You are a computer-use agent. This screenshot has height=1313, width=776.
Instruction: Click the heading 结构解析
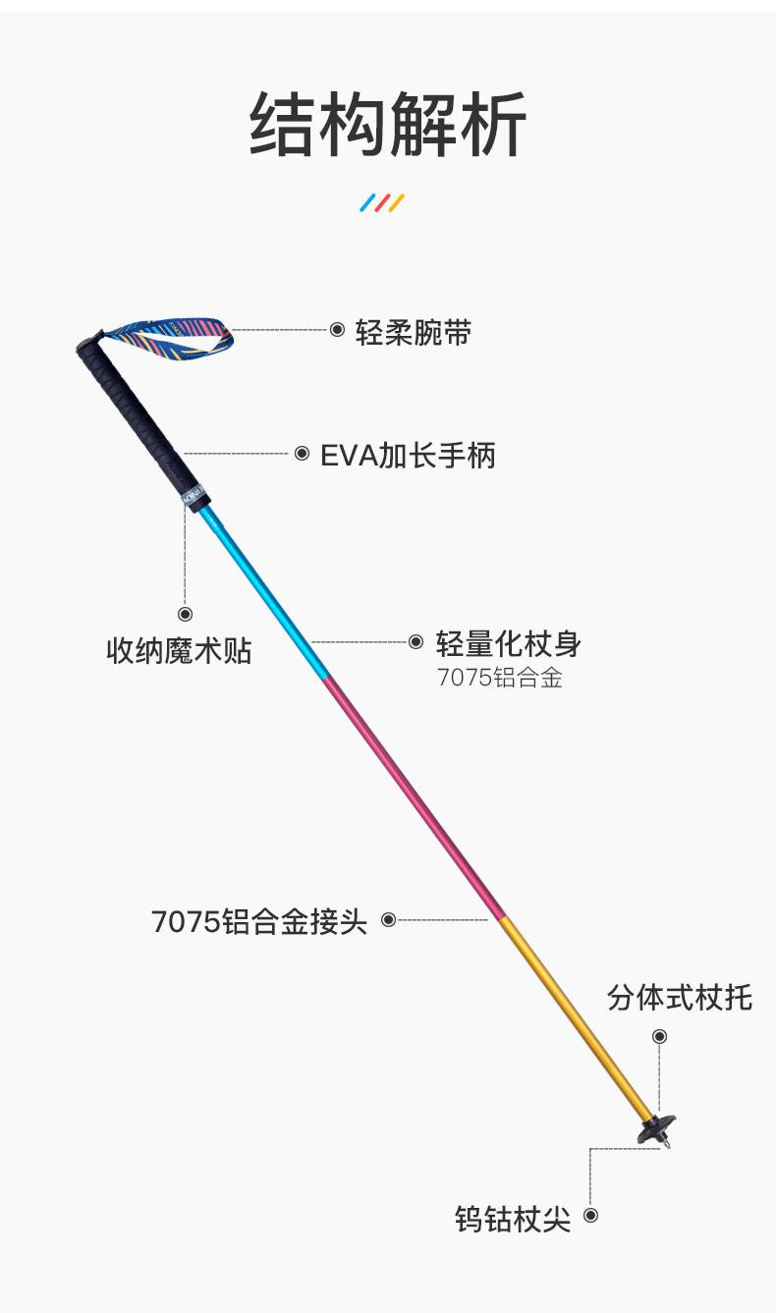(388, 125)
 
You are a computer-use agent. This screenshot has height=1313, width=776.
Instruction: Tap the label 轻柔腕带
(414, 332)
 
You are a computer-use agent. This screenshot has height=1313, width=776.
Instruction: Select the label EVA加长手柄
(408, 455)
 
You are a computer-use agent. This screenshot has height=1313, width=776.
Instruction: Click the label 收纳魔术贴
(179, 650)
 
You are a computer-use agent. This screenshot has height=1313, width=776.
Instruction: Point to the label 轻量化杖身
(509, 644)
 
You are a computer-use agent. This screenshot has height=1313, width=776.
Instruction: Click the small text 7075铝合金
(500, 679)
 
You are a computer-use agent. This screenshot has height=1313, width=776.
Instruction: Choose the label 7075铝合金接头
(259, 922)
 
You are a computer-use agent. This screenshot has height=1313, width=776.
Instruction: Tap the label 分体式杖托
(680, 998)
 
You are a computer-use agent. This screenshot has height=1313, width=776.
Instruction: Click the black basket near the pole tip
(655, 1130)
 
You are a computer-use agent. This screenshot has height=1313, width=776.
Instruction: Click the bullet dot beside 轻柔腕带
(337, 330)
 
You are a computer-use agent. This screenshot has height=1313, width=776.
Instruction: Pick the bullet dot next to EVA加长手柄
(302, 454)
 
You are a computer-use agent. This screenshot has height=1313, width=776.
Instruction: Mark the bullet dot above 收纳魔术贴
(185, 614)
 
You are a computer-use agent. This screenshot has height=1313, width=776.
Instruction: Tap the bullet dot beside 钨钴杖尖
(590, 1216)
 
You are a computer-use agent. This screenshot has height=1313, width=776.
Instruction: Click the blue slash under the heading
(367, 203)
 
